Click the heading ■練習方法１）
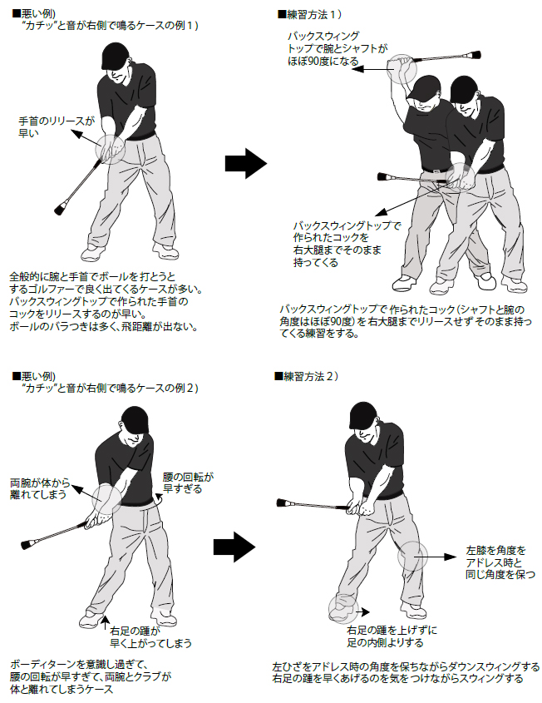pos(311,15)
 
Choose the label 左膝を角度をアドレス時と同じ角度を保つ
pos(490,562)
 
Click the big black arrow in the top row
pos(247,164)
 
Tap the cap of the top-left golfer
pos(116,57)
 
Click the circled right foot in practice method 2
pos(342,609)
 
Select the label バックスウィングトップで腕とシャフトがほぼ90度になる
pos(331,49)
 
